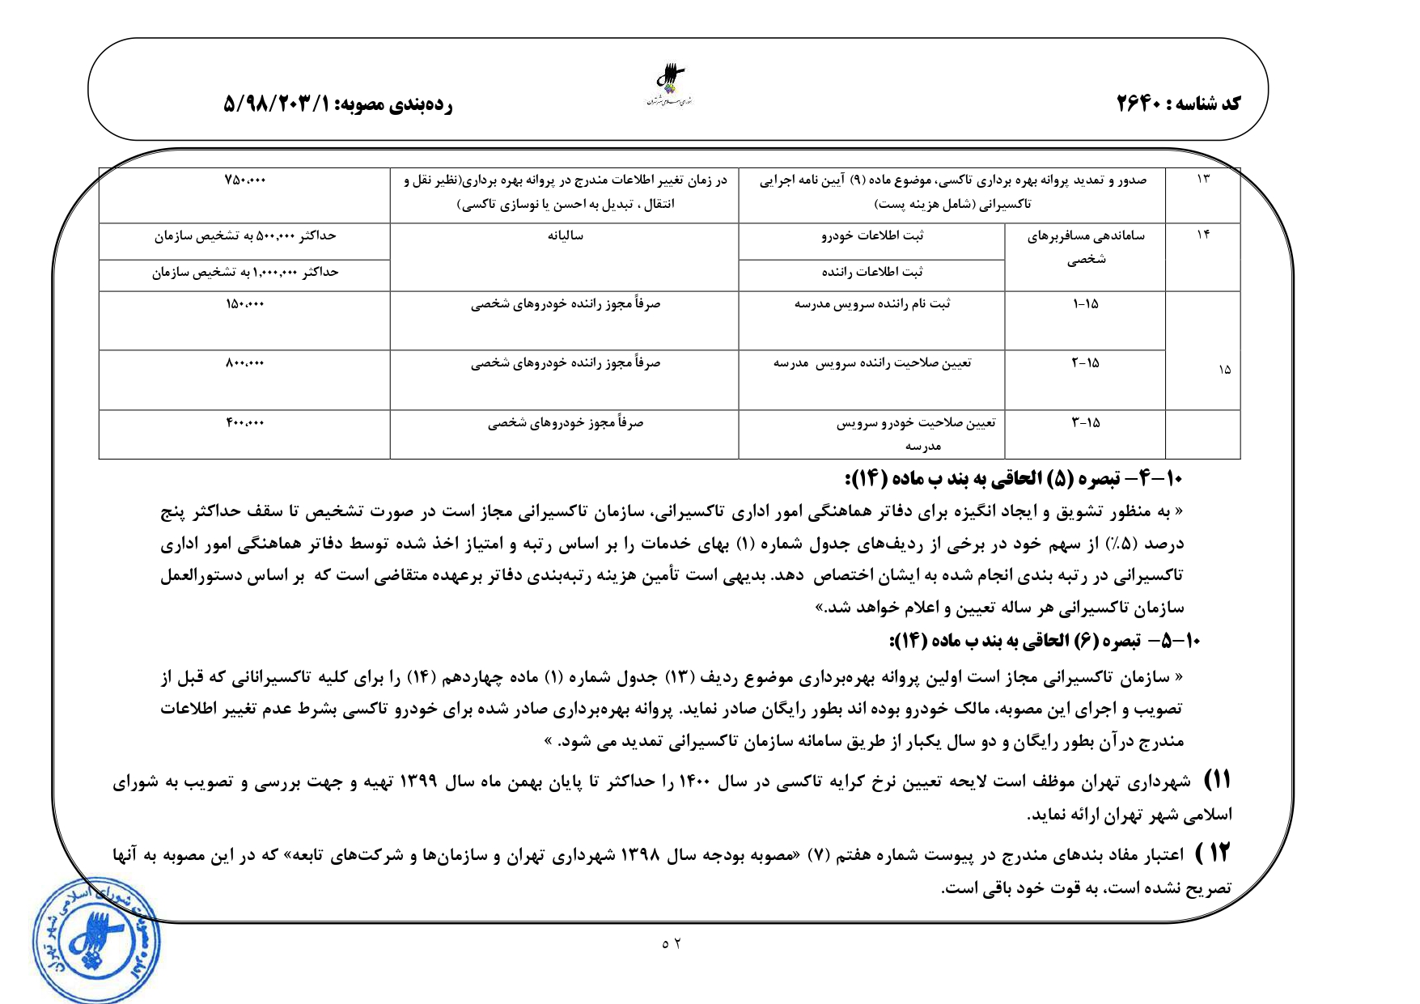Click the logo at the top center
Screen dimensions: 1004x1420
tap(671, 84)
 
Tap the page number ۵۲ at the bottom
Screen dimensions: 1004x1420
tap(672, 943)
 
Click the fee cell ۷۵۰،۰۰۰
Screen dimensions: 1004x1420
tap(245, 180)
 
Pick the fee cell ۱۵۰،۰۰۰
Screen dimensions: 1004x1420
tap(245, 304)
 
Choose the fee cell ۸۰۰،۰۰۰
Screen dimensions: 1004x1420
tap(245, 363)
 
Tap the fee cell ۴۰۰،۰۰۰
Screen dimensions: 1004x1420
tap(245, 423)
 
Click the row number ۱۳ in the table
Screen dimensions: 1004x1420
tap(1202, 179)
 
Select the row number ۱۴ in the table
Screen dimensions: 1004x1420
tap(1202, 235)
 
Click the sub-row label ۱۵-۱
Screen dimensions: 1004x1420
tap(1086, 304)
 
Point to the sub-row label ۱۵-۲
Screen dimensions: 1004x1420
tap(1086, 363)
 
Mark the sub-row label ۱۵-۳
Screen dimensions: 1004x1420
tap(1086, 423)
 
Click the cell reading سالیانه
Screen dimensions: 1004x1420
tap(565, 235)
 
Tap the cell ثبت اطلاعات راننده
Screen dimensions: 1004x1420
tap(872, 273)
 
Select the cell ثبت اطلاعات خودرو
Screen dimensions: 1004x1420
tap(872, 236)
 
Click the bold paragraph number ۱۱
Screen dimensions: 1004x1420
tap(1217, 781)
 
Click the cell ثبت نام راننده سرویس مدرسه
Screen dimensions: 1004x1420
tap(872, 304)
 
